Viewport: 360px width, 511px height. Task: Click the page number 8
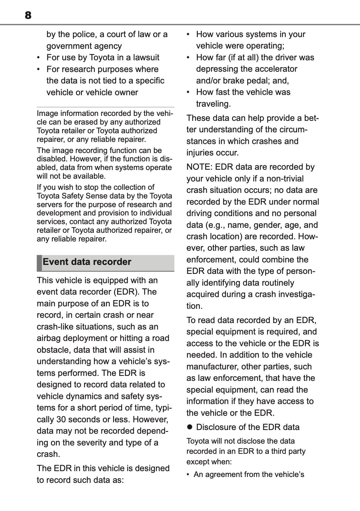point(28,15)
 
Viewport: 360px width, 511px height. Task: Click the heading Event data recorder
point(87,262)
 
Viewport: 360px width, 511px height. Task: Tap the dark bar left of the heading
point(39,263)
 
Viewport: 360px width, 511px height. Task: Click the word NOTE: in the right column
point(199,167)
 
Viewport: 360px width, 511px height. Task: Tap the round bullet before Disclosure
point(190,427)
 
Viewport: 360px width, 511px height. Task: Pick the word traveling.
point(213,104)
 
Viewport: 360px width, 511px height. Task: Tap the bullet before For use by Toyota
point(38,57)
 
